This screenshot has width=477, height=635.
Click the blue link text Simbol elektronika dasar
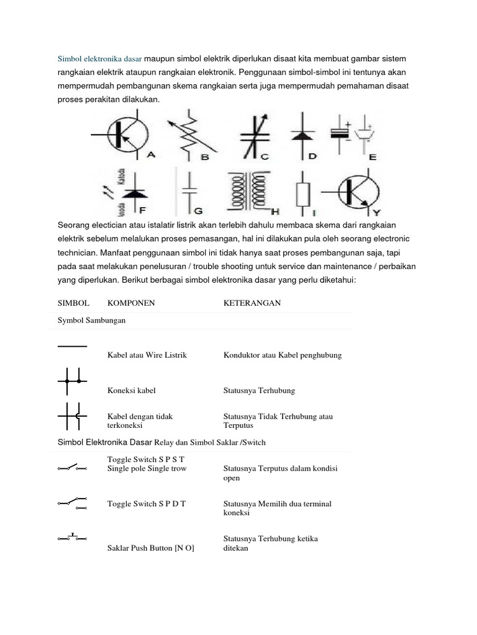(x=99, y=59)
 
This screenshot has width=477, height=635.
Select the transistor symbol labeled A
(x=122, y=134)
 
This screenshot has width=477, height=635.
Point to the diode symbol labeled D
(x=304, y=134)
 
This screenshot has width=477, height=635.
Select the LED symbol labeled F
(x=129, y=191)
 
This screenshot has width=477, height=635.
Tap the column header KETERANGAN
(x=252, y=303)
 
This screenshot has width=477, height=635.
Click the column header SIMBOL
(x=73, y=303)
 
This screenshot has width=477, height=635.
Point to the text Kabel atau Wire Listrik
(x=147, y=355)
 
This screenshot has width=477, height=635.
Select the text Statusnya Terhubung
(x=259, y=391)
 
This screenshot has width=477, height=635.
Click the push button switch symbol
(x=73, y=537)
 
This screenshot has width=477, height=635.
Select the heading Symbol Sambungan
(x=91, y=321)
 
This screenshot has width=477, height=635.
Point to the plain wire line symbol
(x=72, y=345)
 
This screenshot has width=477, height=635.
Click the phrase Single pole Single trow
(x=147, y=468)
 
